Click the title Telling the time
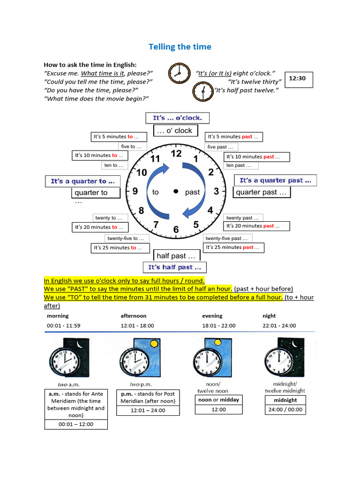click(180, 46)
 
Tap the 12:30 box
click(297, 79)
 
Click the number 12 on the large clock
click(176, 154)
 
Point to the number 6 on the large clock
click(176, 229)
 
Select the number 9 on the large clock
click(135, 191)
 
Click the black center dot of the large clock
click(176, 191)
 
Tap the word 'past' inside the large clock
click(192, 192)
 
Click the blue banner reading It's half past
click(174, 267)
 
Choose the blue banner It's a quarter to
click(82, 181)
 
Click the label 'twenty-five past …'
click(228, 238)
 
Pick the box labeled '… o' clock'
click(176, 131)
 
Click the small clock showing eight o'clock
click(177, 72)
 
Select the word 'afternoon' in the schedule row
click(134, 316)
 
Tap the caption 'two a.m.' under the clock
click(68, 384)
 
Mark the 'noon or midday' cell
click(219, 400)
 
